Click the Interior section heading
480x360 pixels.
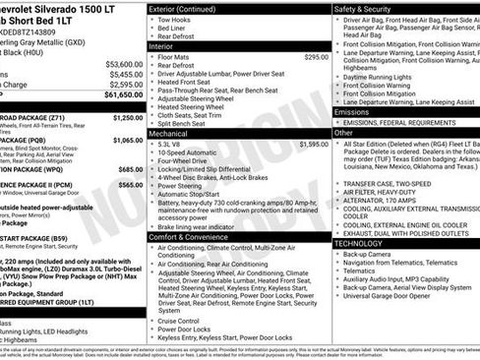[163, 45]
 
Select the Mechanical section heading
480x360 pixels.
[168, 132]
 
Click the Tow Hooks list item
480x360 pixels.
[175, 20]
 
